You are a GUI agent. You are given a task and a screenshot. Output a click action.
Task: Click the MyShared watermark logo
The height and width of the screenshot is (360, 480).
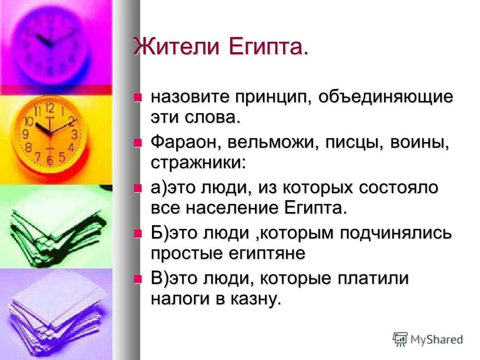point(428,339)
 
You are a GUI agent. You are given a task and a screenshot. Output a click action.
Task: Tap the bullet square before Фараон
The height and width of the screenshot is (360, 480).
point(138,143)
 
